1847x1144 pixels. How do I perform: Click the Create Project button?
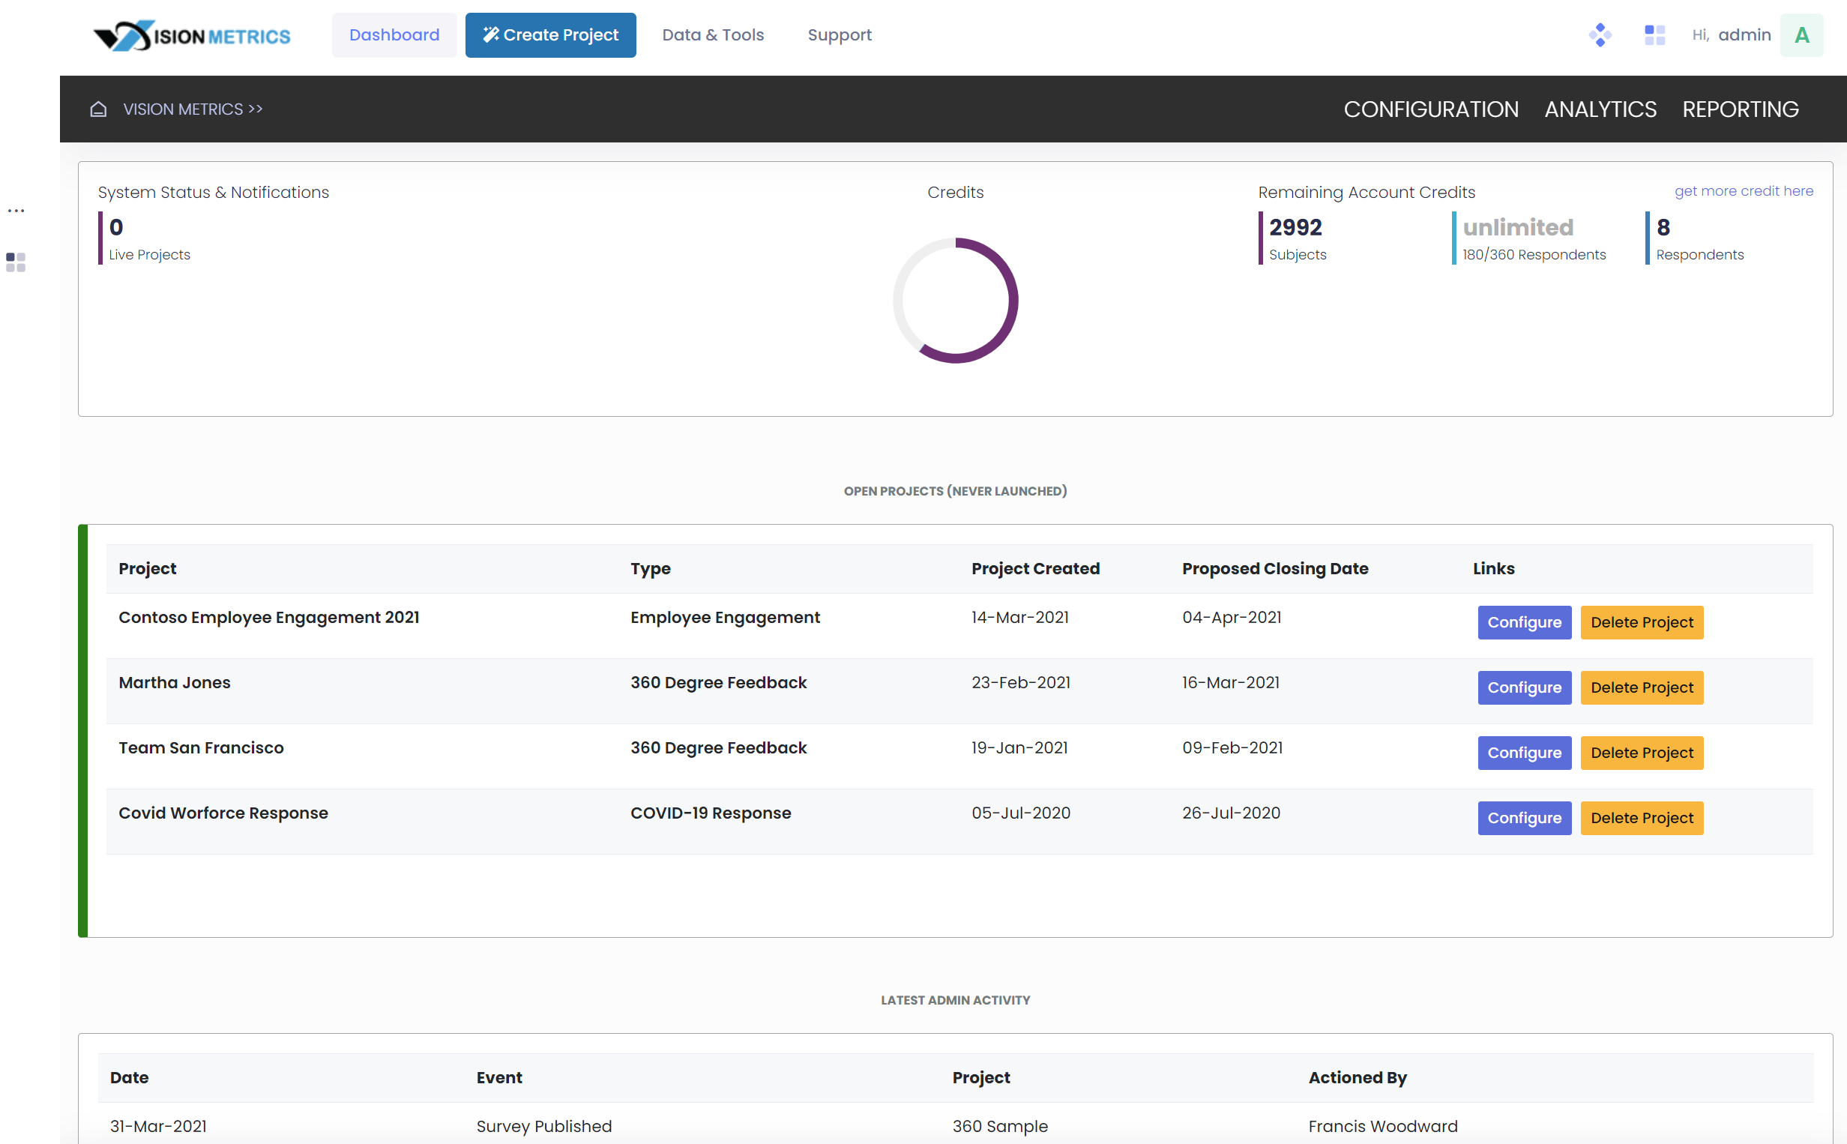pos(550,34)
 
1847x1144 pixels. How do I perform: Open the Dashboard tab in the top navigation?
pos(394,34)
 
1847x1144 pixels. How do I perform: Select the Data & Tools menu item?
pos(712,34)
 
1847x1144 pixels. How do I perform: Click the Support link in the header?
pos(839,34)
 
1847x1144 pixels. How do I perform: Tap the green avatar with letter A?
pos(1801,34)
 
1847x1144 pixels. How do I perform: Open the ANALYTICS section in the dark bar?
pos(1600,109)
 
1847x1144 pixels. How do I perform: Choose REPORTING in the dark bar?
pos(1740,109)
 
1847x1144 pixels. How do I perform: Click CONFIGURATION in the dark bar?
pos(1430,109)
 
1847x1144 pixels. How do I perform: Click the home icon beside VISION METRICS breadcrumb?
pos(98,109)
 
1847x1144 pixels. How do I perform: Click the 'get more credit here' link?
pos(1743,190)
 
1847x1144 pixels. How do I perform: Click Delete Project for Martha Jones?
pos(1642,687)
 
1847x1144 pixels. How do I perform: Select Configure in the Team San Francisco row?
pos(1523,752)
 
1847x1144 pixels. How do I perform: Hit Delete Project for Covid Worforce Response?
pos(1642,817)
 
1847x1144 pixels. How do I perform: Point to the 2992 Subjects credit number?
pos(1295,227)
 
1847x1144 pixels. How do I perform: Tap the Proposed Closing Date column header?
pos(1274,568)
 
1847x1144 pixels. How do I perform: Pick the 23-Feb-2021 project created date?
pos(1020,682)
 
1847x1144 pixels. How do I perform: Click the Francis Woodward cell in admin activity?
pos(1382,1126)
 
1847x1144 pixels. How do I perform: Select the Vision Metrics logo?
pos(191,34)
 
